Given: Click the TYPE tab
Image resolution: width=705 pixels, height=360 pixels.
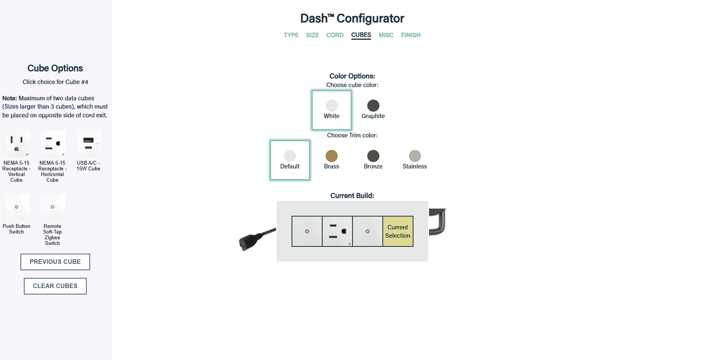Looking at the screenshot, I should tap(291, 35).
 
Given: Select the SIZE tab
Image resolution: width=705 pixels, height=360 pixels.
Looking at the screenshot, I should tap(312, 35).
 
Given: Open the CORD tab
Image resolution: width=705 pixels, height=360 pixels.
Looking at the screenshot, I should tap(335, 35).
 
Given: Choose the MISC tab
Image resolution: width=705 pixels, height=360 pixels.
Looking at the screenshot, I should tap(386, 35).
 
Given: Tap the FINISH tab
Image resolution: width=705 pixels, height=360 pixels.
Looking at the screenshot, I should tap(410, 35).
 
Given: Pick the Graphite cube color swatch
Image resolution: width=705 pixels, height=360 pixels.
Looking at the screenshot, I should tap(373, 106).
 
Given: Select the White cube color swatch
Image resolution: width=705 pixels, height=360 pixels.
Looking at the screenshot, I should tap(331, 106).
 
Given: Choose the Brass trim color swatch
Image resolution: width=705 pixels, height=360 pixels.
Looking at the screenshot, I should tap(331, 156).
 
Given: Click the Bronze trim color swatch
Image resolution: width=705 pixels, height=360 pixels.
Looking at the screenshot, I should tap(373, 156).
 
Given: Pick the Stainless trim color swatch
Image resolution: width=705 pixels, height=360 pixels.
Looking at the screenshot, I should tap(415, 156).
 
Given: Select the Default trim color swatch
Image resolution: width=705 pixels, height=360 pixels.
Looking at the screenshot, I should tap(290, 156).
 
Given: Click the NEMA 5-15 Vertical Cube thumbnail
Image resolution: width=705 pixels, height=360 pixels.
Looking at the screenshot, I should tap(16, 144).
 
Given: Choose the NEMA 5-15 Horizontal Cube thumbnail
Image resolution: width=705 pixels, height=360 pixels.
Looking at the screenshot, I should tap(52, 144).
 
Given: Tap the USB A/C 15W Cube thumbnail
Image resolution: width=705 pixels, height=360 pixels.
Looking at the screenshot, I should tap(88, 144).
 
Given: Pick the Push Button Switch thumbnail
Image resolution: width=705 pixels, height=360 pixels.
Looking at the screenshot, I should tap(16, 207).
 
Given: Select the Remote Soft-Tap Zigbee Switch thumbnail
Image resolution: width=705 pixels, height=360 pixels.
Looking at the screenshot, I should tap(52, 207).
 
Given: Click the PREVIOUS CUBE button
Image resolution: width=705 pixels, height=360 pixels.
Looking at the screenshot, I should tap(55, 262).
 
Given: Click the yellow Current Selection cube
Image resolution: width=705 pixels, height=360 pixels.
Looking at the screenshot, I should tap(398, 231).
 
